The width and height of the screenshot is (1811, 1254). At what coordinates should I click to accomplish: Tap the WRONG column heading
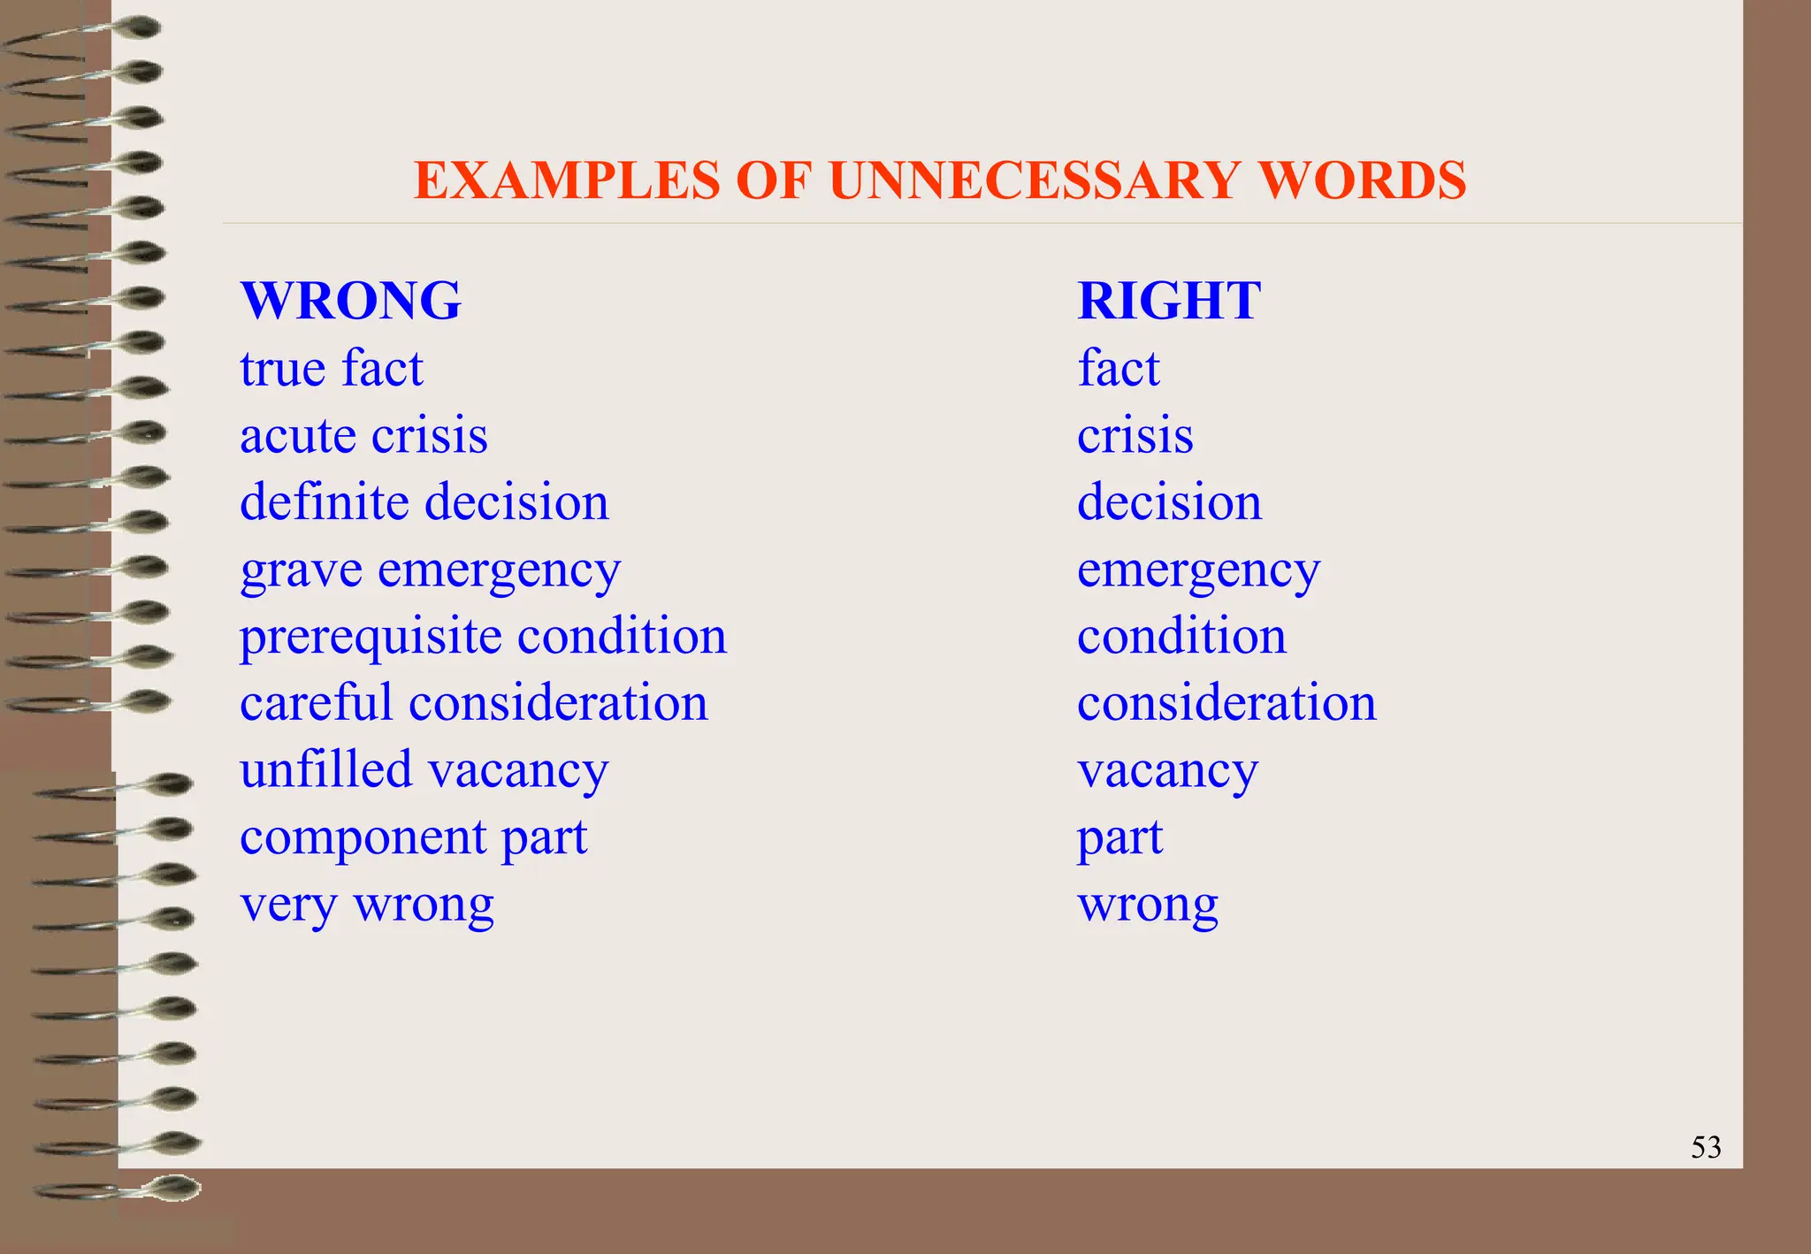coord(350,301)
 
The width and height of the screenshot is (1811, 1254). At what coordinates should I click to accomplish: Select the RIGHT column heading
coord(1169,301)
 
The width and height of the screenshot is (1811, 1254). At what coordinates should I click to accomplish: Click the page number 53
coord(1706,1147)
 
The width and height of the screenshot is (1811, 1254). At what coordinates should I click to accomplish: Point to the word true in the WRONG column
coord(283,369)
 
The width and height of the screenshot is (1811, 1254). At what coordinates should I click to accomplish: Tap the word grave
coord(301,571)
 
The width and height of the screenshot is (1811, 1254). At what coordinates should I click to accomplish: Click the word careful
coord(316,704)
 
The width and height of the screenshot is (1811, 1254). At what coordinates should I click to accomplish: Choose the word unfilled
coord(325,769)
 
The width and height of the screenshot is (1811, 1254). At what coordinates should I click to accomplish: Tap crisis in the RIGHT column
coord(1135,437)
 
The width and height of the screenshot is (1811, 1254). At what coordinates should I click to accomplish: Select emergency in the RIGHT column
coord(1198,571)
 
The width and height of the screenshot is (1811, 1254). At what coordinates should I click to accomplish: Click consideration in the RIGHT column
coord(1226,704)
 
